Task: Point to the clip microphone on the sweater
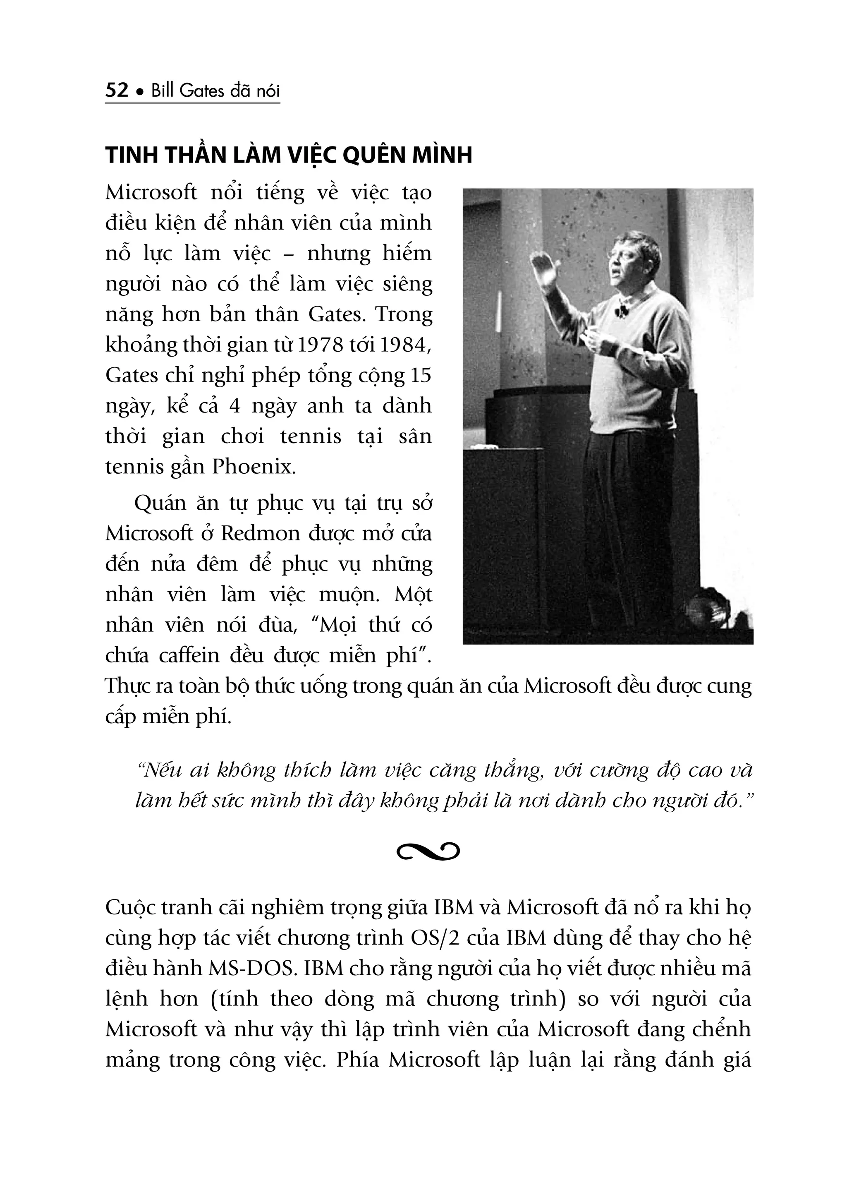[x=620, y=312]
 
